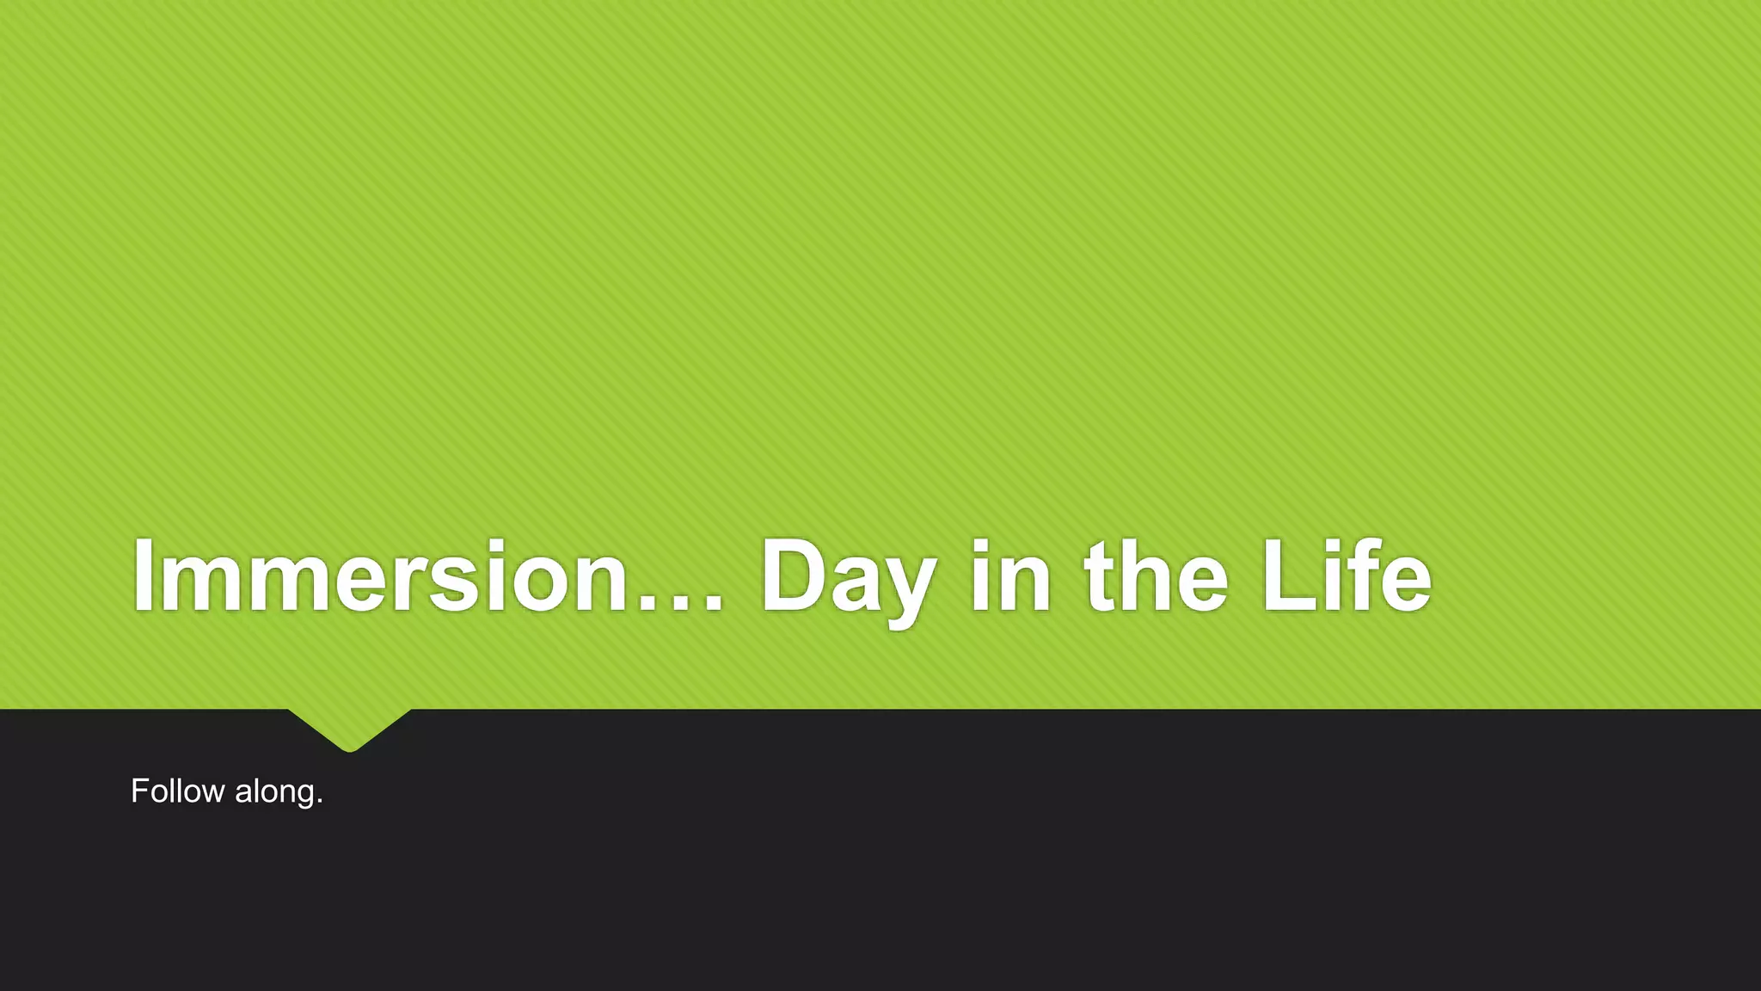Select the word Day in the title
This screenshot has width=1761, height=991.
tap(847, 576)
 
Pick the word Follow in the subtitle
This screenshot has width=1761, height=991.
tap(177, 791)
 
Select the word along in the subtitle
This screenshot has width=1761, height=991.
tap(274, 792)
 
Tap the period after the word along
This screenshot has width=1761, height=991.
tap(320, 802)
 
